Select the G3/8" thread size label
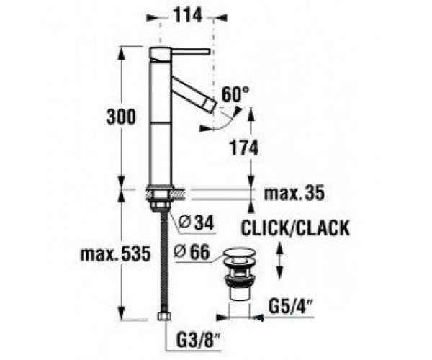pos(195,336)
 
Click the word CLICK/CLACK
pos(295,228)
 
